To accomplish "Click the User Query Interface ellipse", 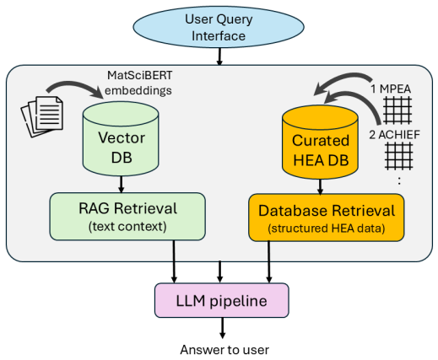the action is pyautogui.click(x=219, y=27).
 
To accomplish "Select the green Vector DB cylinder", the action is pyautogui.click(x=121, y=139).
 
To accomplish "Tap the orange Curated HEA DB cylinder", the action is pyautogui.click(x=320, y=142).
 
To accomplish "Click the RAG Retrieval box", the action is pyautogui.click(x=127, y=217).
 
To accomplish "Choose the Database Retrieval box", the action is pyautogui.click(x=327, y=218).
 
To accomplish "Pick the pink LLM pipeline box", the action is pyautogui.click(x=222, y=300).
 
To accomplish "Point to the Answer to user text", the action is pyautogui.click(x=224, y=350).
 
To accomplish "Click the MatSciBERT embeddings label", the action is pyautogui.click(x=138, y=83).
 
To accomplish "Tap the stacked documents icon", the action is pyautogui.click(x=42, y=116).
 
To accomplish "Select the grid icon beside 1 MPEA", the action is pyautogui.click(x=398, y=110).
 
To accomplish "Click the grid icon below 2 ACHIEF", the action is pyautogui.click(x=399, y=156).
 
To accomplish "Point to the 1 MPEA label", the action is pyautogui.click(x=391, y=89).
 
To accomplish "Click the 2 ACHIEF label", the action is pyautogui.click(x=394, y=135).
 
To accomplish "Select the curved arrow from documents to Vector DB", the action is pyautogui.click(x=74, y=84).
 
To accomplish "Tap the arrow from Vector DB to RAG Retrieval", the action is pyautogui.click(x=122, y=185).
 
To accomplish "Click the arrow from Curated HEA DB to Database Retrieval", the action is pyautogui.click(x=320, y=186).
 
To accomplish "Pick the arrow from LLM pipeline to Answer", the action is pyautogui.click(x=223, y=328).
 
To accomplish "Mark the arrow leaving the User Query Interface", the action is pyautogui.click(x=219, y=56).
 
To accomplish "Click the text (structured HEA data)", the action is pyautogui.click(x=327, y=228).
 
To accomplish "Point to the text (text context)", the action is pyautogui.click(x=127, y=227).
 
